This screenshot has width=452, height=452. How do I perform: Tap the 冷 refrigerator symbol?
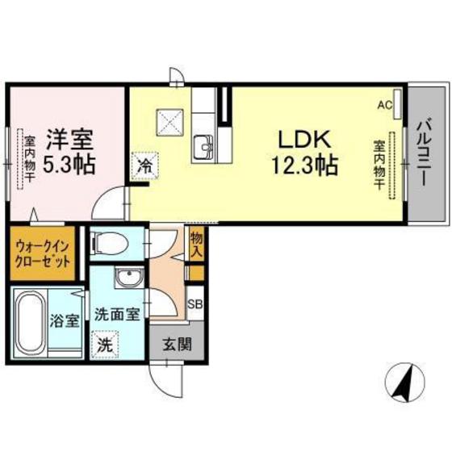(x=145, y=165)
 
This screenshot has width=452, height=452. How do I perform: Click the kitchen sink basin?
(x=203, y=148)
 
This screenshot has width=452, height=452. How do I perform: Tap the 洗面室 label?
(x=118, y=314)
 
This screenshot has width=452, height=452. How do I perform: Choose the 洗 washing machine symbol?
(x=106, y=342)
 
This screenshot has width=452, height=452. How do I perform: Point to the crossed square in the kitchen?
(x=172, y=123)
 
